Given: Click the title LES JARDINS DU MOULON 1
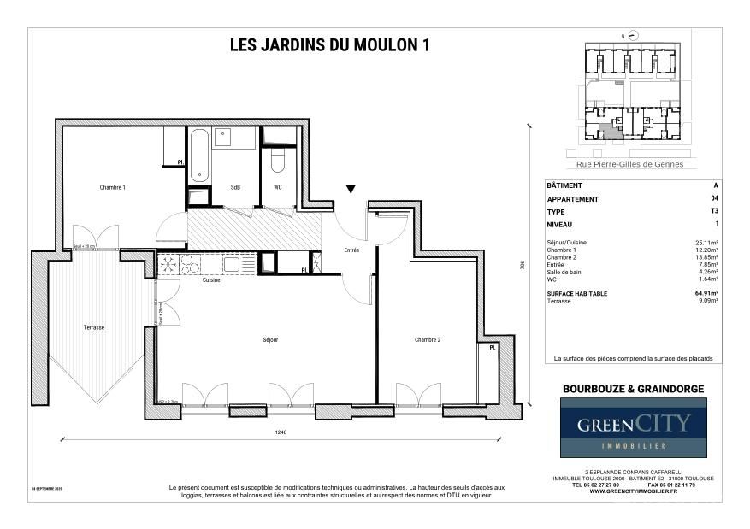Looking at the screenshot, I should [328, 47].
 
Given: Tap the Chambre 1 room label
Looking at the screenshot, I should [112, 187].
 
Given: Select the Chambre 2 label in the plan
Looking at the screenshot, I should [427, 339].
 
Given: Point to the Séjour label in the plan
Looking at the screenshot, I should [270, 339].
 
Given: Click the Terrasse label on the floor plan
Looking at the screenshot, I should [93, 327].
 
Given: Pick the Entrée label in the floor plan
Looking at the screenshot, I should [351, 250].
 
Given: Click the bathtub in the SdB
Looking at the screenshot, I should [199, 156].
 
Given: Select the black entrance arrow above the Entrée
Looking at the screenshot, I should [351, 189].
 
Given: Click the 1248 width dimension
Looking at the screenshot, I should [281, 433].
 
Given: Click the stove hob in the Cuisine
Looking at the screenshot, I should [168, 264].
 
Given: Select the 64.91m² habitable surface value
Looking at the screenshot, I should [706, 293].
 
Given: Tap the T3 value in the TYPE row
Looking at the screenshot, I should [714, 211].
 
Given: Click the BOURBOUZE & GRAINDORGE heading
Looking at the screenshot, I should [633, 389].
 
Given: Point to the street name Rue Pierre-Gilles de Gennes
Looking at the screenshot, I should [630, 164].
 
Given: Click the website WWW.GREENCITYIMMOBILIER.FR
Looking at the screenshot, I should [633, 491].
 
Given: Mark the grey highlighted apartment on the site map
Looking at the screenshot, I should [610, 131].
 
